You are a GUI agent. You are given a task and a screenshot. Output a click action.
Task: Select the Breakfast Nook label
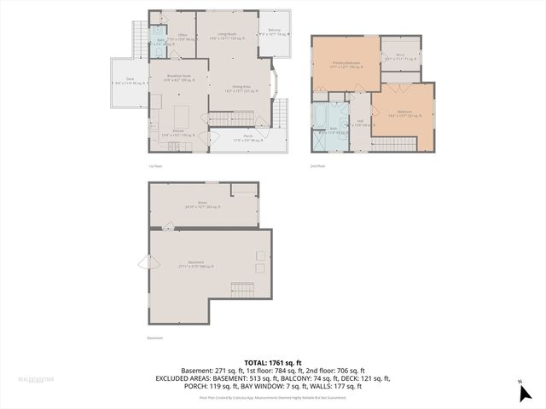pyautogui.click(x=179, y=78)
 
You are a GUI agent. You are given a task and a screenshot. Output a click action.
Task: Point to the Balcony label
pyautogui.click(x=274, y=33)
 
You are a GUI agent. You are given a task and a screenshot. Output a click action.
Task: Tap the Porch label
pyautogui.click(x=248, y=138)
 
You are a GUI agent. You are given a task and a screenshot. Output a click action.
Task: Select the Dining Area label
pyautogui.click(x=241, y=89)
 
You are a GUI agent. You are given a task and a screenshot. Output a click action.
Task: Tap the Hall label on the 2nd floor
pyautogui.click(x=361, y=123)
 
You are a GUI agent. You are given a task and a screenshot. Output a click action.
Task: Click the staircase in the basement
pyautogui.click(x=245, y=290)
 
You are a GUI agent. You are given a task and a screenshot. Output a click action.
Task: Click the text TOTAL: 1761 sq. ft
pyautogui.click(x=272, y=362)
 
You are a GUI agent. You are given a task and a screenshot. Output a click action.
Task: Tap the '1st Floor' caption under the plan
pyautogui.click(x=156, y=165)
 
